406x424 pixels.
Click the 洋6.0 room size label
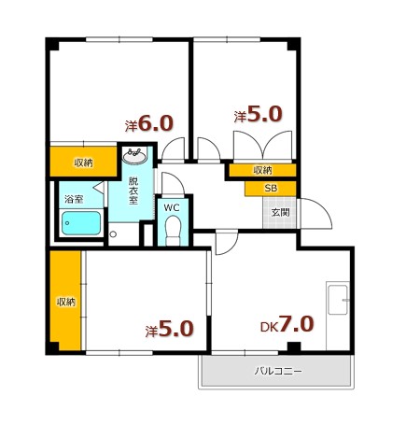tap(148, 123)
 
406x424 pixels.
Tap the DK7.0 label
tap(287, 324)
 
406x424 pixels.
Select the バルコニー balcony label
tap(278, 371)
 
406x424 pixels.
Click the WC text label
tap(172, 208)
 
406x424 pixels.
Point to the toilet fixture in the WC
tap(173, 231)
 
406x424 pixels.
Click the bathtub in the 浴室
tap(81, 223)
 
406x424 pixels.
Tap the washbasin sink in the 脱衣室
tap(134, 155)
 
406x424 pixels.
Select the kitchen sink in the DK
tap(338, 300)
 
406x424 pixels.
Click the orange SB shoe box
tap(271, 189)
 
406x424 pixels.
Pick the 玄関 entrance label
tap(280, 213)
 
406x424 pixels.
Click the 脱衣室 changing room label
tap(133, 191)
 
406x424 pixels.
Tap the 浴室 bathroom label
tap(74, 199)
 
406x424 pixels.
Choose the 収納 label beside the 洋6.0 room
tap(83, 163)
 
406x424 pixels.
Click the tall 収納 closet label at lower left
tap(66, 302)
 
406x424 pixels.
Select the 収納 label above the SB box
tap(262, 170)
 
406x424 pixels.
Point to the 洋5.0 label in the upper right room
tap(258, 114)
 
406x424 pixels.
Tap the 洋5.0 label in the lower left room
tap(170, 329)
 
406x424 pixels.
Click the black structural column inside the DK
tap(294, 346)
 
